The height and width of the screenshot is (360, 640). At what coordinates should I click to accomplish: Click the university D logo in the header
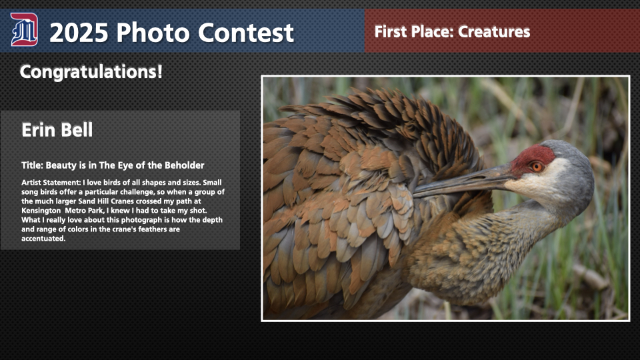click(24, 29)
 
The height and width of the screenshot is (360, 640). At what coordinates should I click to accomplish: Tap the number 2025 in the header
click(79, 33)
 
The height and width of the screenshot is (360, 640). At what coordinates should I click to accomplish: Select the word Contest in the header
click(246, 33)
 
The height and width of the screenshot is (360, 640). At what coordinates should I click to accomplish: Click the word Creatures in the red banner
click(494, 32)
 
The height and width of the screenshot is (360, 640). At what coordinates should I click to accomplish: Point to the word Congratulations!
click(91, 72)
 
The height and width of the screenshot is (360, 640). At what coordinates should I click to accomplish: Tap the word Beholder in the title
click(185, 165)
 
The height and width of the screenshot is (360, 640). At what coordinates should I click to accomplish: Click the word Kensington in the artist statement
click(41, 211)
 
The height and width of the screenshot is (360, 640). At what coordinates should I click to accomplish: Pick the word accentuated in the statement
click(44, 239)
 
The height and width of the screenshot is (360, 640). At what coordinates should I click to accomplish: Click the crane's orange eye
click(536, 167)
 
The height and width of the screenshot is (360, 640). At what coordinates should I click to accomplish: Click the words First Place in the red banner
click(414, 32)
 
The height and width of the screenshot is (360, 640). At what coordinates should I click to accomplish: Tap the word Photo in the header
click(153, 33)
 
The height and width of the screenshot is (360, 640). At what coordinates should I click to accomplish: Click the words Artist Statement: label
click(51, 183)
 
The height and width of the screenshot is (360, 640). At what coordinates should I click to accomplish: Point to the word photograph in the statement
click(141, 220)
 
